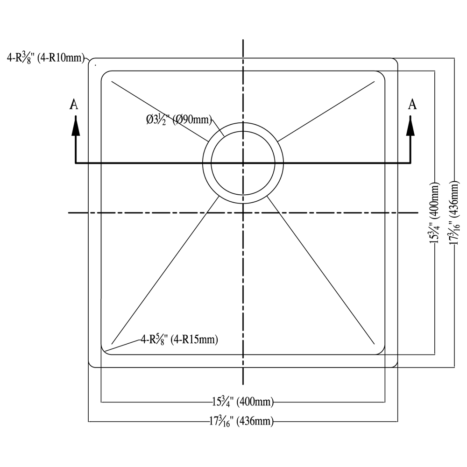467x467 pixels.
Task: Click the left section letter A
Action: pos(74,104)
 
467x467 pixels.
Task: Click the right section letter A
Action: pos(412,104)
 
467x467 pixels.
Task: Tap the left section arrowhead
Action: pos(76,126)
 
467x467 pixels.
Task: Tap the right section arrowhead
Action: pos(410,126)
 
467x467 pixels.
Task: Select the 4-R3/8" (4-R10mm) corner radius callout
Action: pos(46,57)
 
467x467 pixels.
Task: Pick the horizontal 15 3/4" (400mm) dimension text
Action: pos(243,402)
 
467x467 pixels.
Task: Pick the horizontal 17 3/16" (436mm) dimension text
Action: pos(241,421)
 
